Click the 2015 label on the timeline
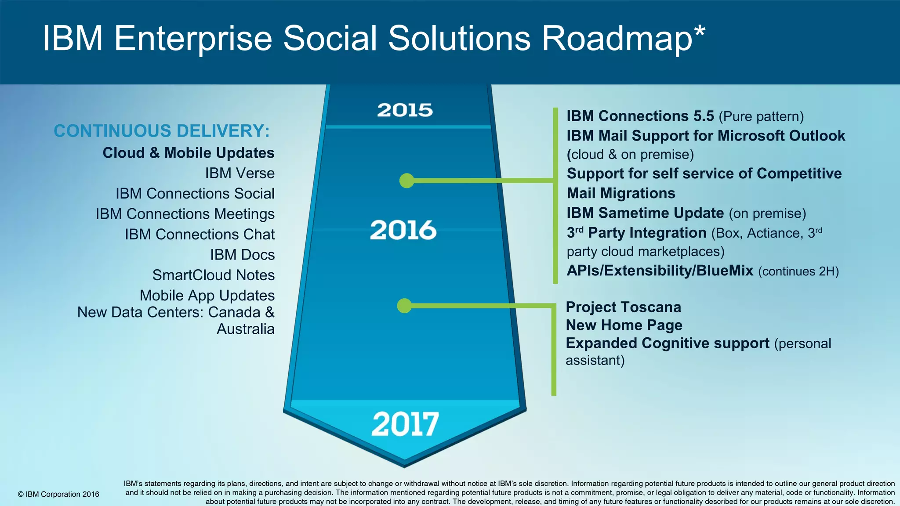[405, 110]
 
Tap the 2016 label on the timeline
[403, 230]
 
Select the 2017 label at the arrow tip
[405, 424]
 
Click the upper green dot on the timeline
[407, 181]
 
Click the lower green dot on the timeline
[404, 306]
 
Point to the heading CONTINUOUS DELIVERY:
[162, 131]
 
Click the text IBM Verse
[240, 173]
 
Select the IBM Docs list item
[242, 255]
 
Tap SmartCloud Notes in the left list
[213, 275]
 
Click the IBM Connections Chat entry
[200, 234]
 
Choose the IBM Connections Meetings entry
[185, 214]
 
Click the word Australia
[245, 329]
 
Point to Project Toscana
[623, 307]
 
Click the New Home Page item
[624, 325]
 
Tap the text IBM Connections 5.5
[640, 116]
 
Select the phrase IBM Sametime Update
[645, 213]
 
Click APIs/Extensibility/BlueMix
[660, 271]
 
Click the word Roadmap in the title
[617, 38]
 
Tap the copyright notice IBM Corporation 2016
[58, 494]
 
